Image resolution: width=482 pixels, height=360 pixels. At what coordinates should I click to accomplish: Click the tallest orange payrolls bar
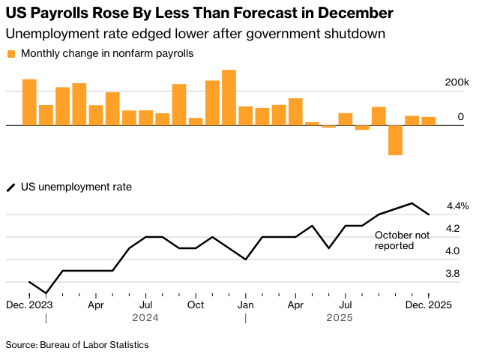coord(229,97)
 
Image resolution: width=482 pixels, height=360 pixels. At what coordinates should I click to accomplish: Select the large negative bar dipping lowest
coord(395,140)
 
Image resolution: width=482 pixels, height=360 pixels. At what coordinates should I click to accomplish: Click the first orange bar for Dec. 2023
coord(29,102)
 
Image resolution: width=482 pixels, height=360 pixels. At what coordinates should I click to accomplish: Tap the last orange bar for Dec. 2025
coord(428,121)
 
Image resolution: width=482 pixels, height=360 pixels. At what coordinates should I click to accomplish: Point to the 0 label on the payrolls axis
coord(461,117)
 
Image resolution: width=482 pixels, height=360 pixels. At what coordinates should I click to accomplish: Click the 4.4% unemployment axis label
coord(457,205)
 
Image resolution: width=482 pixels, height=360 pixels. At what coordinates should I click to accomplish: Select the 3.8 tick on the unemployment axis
coord(454,274)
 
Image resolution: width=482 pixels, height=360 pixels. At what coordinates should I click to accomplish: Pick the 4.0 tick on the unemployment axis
coord(454,251)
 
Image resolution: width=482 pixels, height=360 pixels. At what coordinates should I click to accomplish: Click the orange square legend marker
coord(11,54)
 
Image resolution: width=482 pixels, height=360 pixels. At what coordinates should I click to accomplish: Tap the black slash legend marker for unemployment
coord(11,187)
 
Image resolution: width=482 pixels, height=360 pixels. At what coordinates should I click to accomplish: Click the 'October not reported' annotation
coord(402,240)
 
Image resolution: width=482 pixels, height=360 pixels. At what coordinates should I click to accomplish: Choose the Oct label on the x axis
coord(196,305)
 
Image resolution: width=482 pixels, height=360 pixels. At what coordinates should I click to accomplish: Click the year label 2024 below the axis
coord(146,318)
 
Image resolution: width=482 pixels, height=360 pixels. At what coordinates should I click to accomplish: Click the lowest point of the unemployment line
coord(46,293)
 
